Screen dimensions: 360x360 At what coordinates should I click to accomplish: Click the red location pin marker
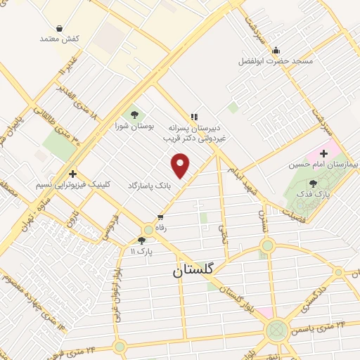181,166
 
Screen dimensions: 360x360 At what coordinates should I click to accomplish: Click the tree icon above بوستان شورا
131,113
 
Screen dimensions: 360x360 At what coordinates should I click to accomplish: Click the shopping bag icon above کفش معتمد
60,27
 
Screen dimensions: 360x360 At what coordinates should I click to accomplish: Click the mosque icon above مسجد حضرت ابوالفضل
276,49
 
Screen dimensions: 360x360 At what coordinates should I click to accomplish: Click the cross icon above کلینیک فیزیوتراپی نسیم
72,173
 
